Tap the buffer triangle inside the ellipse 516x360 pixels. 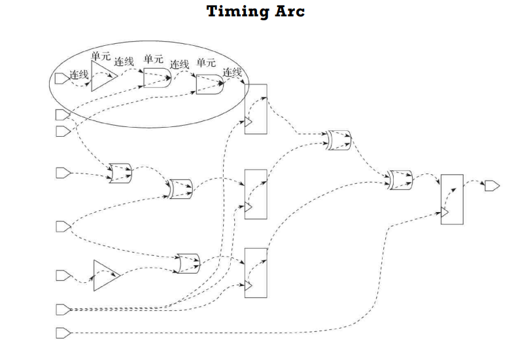click(102, 77)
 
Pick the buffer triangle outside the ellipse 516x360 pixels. click(104, 275)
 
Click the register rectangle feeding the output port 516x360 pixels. click(452, 200)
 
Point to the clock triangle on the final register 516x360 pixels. click(445, 213)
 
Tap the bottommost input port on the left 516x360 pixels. click(62, 333)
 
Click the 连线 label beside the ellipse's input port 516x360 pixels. click(79, 74)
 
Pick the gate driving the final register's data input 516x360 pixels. click(399, 179)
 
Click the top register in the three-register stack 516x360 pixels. click(256, 109)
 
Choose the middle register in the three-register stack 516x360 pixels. click(256, 194)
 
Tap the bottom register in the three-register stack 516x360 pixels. click(256, 273)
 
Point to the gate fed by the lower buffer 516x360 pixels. click(188, 263)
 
